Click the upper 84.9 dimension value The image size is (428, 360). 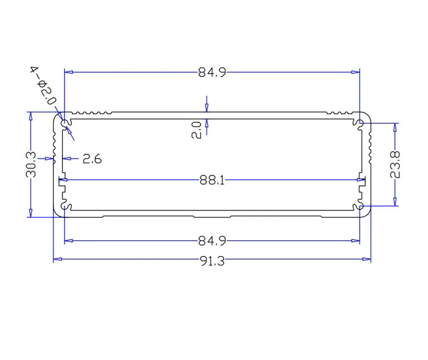[x=212, y=72]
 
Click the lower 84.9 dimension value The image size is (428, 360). [x=212, y=241]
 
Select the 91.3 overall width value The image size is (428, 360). [x=212, y=261]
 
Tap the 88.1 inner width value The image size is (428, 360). [x=212, y=180]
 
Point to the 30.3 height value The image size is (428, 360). [x=31, y=164]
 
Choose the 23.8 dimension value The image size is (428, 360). [x=395, y=164]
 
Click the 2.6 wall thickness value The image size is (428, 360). [x=92, y=159]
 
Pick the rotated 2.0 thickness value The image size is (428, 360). [x=196, y=130]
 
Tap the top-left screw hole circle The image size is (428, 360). [x=64, y=123]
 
